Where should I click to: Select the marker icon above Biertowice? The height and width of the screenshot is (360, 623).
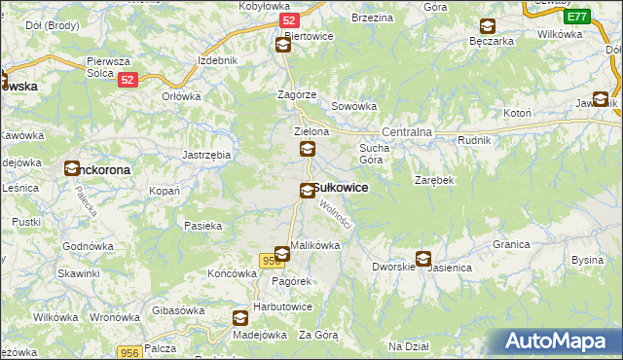click(282, 45)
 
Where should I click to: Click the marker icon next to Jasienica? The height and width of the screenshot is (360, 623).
click(423, 259)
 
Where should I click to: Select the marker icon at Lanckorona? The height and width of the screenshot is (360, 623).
click(72, 168)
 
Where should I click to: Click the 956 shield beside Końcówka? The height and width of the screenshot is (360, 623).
click(272, 261)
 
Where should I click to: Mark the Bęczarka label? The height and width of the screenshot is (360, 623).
click(491, 42)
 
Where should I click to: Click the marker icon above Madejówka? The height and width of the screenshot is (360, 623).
click(239, 317)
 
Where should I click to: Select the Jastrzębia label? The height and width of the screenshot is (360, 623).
click(206, 155)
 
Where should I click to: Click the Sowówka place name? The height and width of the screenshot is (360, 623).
click(353, 107)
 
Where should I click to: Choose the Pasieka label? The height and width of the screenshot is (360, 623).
click(203, 226)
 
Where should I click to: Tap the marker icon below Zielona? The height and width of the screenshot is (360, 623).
click(308, 149)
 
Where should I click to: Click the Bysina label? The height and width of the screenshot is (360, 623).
click(587, 260)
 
